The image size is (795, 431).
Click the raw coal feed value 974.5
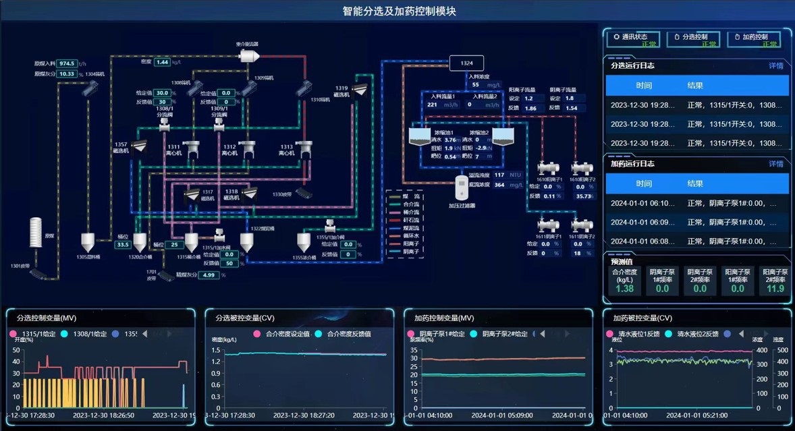[x=67, y=63]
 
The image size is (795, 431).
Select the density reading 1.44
[x=162, y=62]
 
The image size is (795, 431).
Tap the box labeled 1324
[x=467, y=63]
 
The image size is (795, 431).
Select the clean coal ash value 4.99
[x=209, y=275]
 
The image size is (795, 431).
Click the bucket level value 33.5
[x=122, y=245]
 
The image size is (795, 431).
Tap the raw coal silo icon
[x=35, y=233]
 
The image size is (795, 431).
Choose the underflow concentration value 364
[x=499, y=185]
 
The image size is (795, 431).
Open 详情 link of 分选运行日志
[x=776, y=66]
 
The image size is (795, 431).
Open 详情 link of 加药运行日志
[x=776, y=164]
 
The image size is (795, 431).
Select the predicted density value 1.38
[x=625, y=289]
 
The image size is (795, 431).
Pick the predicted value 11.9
[x=775, y=289]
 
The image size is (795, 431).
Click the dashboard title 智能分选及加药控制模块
[x=399, y=11]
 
